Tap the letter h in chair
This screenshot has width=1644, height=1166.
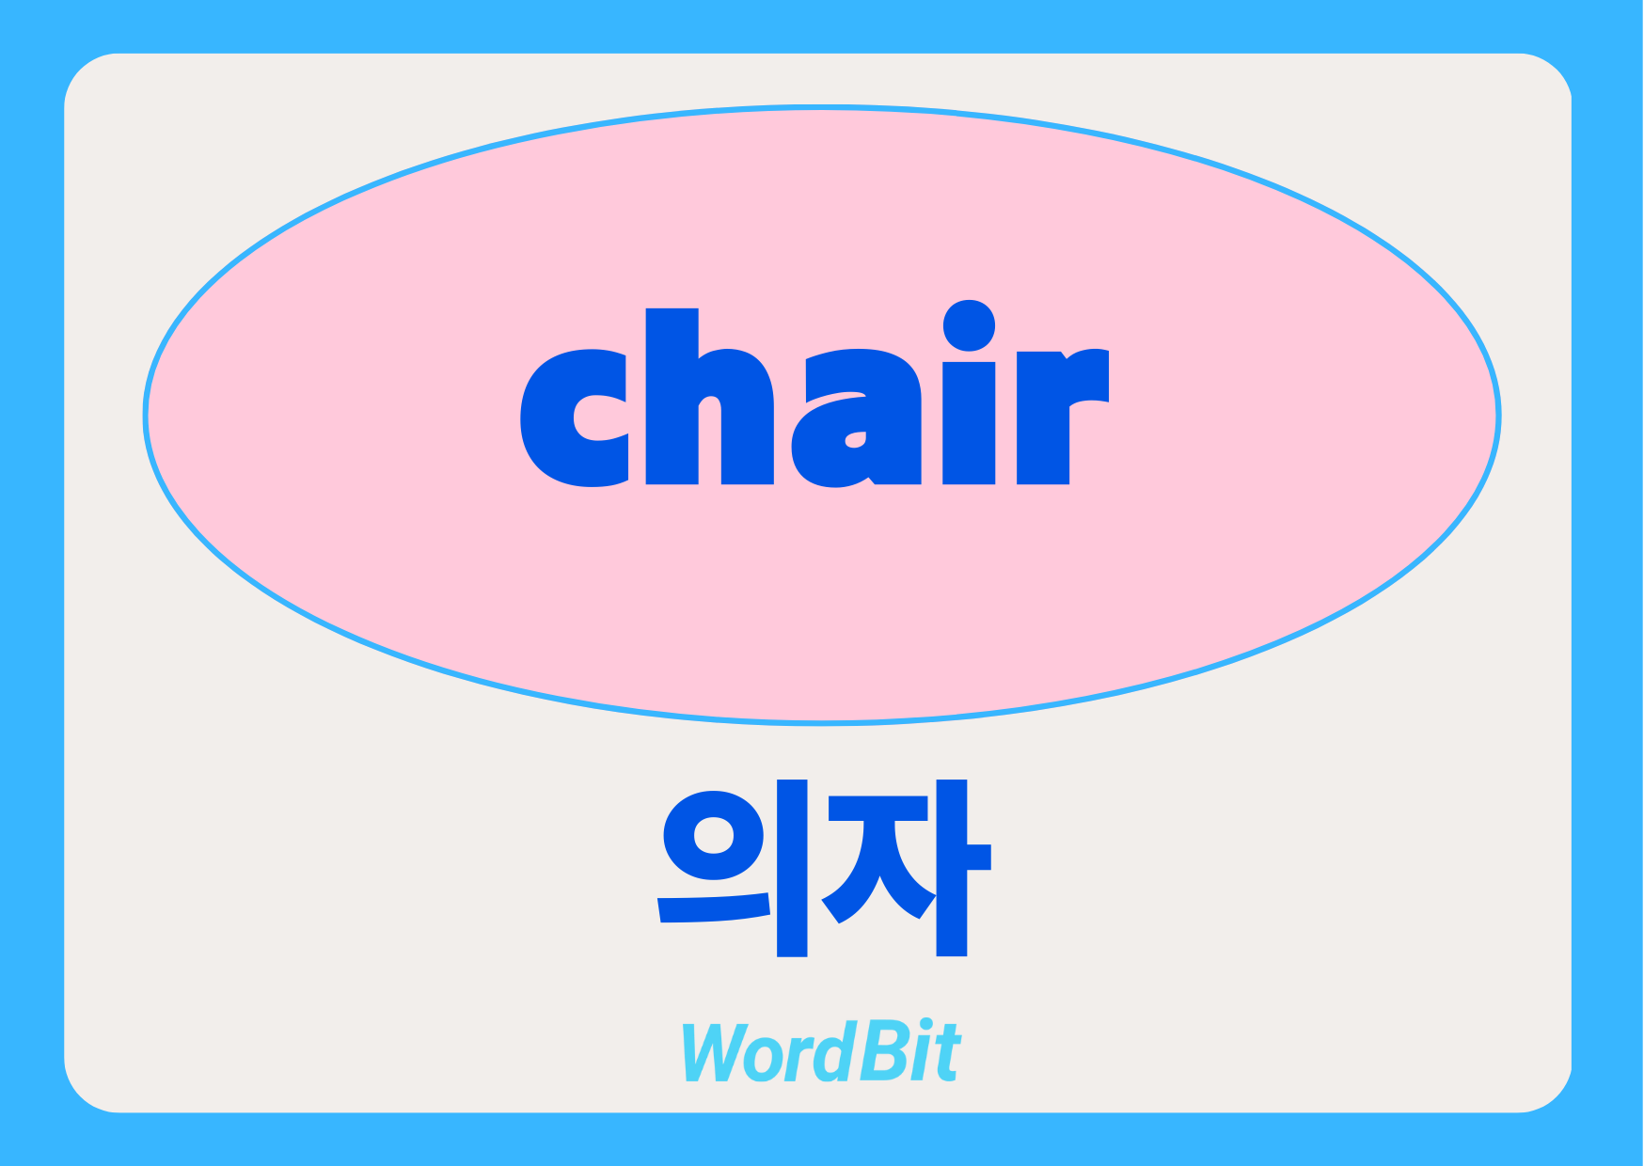pos(709,397)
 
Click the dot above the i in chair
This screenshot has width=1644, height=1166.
pos(969,325)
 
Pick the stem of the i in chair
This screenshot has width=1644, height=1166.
pos(969,423)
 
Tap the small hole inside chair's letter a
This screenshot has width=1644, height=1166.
pos(855,439)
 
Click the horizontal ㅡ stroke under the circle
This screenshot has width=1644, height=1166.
pos(714,906)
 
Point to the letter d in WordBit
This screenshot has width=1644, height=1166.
pos(832,1050)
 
